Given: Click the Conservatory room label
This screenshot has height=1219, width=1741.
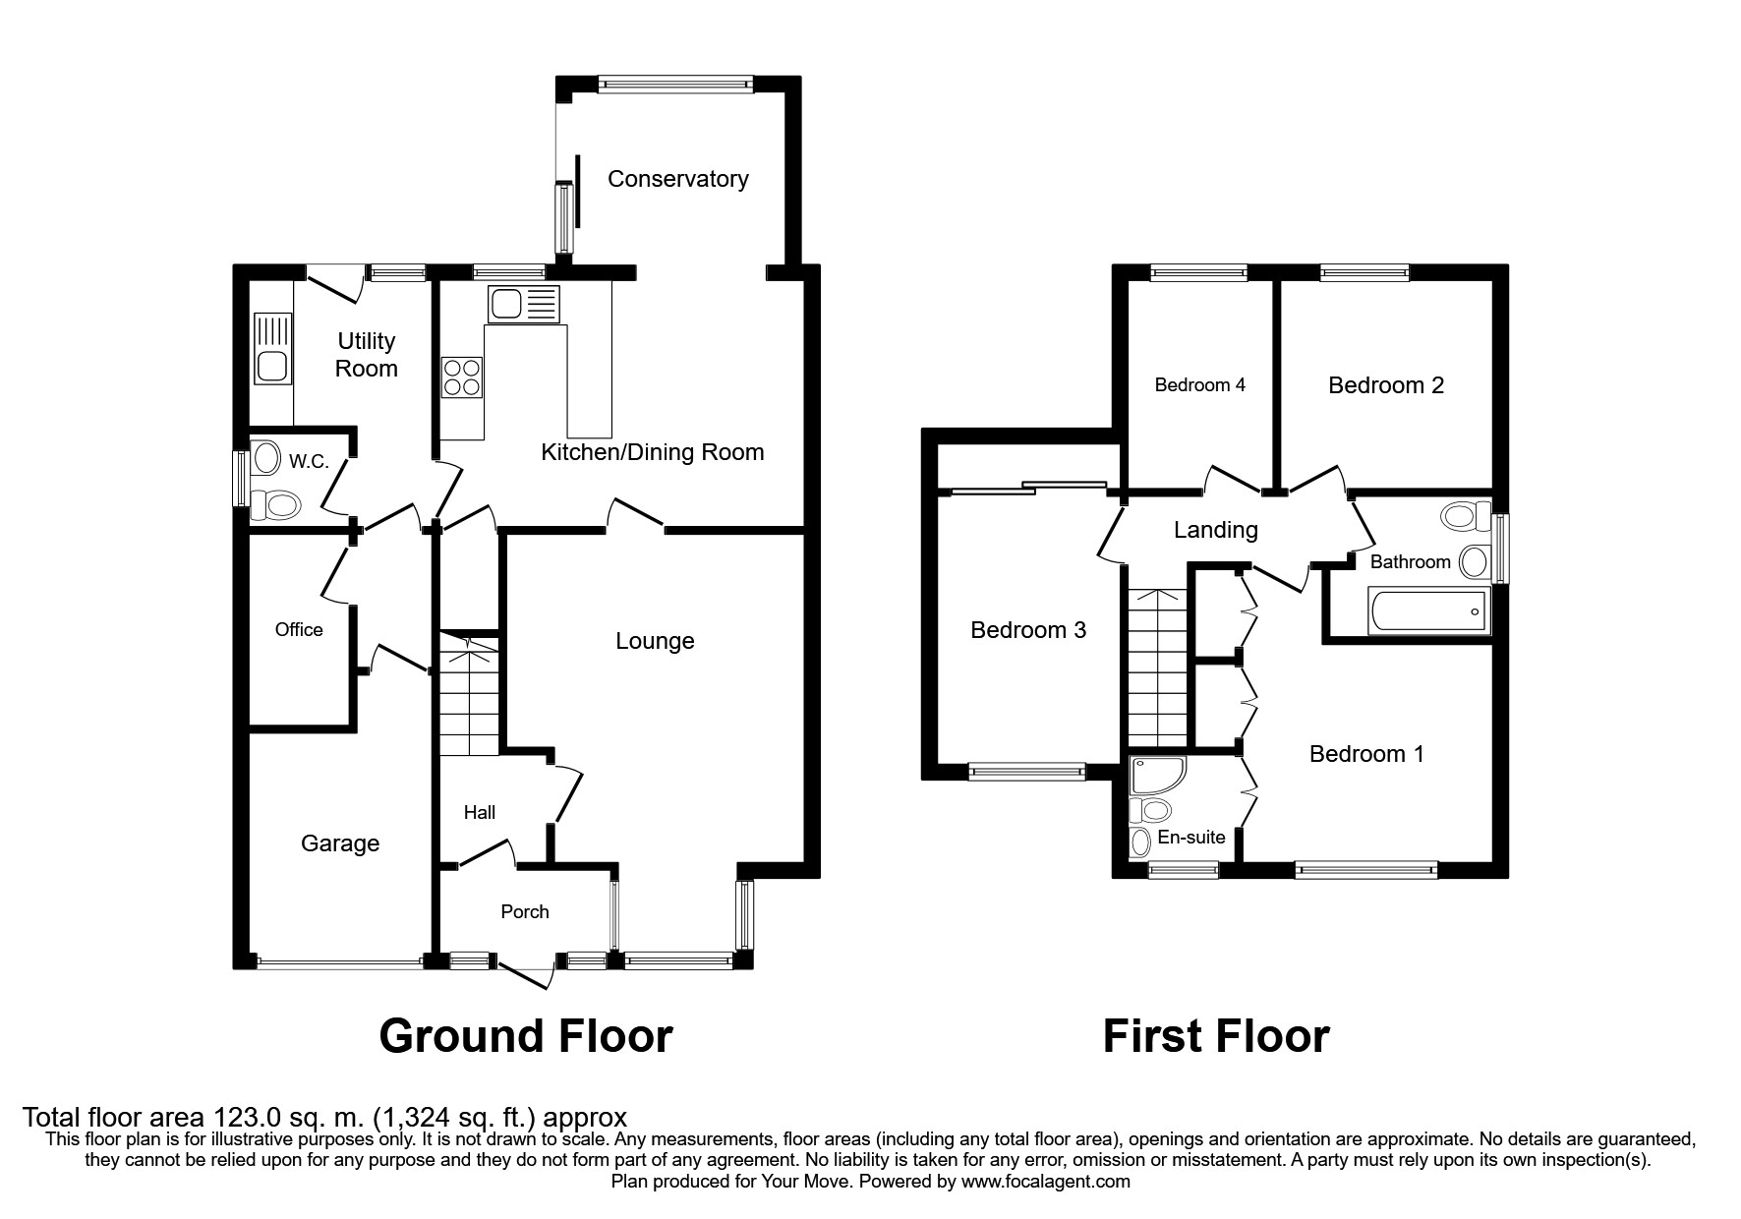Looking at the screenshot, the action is (x=677, y=179).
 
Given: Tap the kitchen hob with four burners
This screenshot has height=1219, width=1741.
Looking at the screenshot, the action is (x=462, y=376).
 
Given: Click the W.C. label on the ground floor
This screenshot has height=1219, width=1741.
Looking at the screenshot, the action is (x=309, y=461).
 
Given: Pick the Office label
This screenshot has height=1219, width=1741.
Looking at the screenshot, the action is (x=299, y=629).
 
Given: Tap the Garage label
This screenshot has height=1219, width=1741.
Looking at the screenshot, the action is (x=340, y=843).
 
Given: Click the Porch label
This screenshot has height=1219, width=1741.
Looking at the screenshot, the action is (x=525, y=911).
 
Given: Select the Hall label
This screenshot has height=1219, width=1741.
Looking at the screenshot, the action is (x=480, y=812).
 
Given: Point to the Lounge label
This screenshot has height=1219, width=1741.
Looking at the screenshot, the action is (x=655, y=641).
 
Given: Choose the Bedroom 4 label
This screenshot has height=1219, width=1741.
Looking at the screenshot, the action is (x=1199, y=384).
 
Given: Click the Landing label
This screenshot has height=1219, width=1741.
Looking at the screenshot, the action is (x=1216, y=530).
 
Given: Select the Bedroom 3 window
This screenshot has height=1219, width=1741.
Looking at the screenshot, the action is (x=1027, y=772).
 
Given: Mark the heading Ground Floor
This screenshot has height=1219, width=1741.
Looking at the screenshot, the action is (x=526, y=1036).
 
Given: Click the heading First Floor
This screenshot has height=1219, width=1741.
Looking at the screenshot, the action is (x=1216, y=1036).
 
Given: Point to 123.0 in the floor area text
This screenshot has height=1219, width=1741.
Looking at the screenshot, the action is (x=243, y=1118).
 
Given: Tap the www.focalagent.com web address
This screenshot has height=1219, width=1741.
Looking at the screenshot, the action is (x=1046, y=1182).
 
